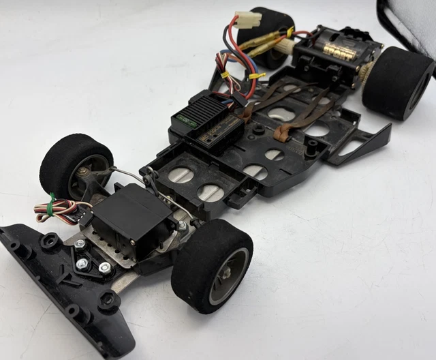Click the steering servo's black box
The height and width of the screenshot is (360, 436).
(x=129, y=218)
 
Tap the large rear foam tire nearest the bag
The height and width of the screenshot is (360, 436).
(x=398, y=82)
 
